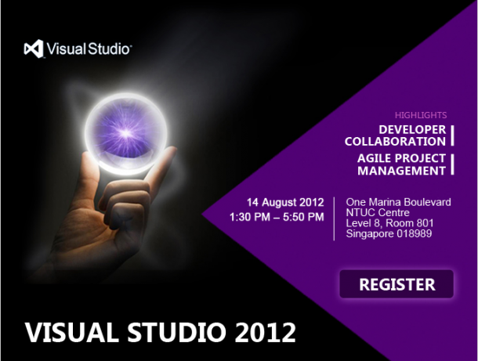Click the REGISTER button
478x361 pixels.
pyautogui.click(x=397, y=284)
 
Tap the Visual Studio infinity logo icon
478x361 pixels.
pyautogui.click(x=34, y=49)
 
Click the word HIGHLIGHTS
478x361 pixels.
pyautogui.click(x=421, y=115)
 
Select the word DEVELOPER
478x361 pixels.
pyautogui.click(x=412, y=129)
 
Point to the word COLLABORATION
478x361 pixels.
pyautogui.click(x=395, y=142)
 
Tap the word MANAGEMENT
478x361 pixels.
pyautogui.click(x=401, y=171)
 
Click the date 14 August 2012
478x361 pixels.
pyautogui.click(x=285, y=202)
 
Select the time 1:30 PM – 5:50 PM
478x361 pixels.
pyautogui.click(x=277, y=217)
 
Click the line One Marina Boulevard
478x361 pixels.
pyautogui.click(x=398, y=202)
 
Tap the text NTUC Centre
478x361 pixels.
pyautogui.click(x=378, y=212)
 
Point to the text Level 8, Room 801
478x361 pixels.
pyautogui.click(x=389, y=223)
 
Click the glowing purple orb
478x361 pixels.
pyautogui.click(x=126, y=133)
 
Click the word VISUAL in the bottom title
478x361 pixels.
pyautogui.click(x=72, y=332)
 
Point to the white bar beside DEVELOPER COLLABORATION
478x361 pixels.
pyautogui.click(x=452, y=135)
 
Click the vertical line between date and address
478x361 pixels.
pyautogui.click(x=334, y=218)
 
